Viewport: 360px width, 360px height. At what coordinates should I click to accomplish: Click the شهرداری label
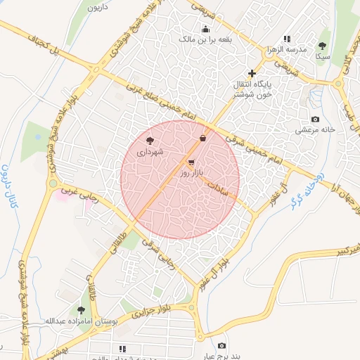coord(150,151)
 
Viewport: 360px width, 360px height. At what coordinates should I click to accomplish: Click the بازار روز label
coord(191,172)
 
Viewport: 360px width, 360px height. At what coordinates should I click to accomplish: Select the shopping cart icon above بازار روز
coord(191,162)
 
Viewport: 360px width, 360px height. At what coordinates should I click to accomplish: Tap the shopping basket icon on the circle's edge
coord(203,138)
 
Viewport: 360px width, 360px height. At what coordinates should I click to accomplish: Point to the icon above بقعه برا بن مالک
coord(205,29)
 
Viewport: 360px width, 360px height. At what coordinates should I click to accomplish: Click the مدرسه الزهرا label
coord(286,50)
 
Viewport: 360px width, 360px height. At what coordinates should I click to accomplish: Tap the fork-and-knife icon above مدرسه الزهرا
coord(286,39)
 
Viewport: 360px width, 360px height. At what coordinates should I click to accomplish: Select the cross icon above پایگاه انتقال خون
coord(252,73)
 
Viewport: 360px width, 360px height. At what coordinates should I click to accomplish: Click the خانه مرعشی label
coord(314,130)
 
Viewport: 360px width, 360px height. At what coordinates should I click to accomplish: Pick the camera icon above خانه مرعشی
coord(314,119)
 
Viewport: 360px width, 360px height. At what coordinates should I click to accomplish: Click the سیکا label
coord(323,56)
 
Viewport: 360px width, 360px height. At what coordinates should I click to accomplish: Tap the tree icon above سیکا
coord(323,45)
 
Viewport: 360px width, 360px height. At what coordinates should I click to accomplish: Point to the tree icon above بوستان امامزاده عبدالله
coord(82,309)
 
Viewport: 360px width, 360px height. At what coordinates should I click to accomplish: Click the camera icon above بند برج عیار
coord(222,345)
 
